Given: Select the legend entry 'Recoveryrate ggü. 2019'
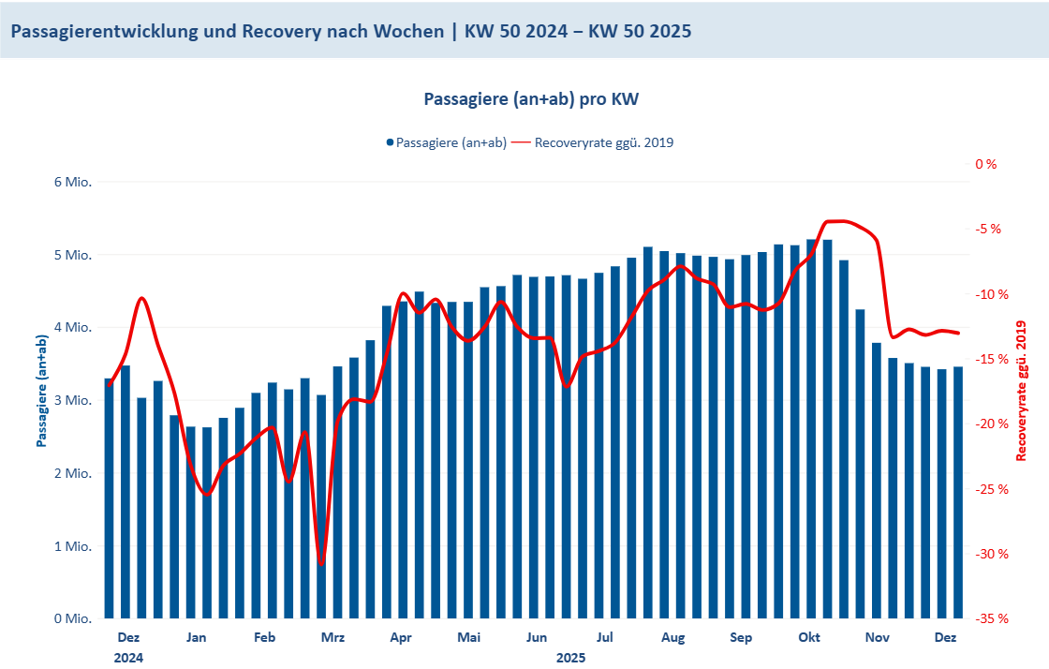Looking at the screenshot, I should coord(603,142).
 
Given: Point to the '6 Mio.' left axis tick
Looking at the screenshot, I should coord(72,182).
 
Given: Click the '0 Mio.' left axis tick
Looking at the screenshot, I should coord(72,618).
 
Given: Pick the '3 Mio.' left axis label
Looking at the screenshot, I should coord(72,400).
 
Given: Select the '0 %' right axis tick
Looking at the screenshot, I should coord(986,164).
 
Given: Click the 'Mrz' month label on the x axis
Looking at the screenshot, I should coord(332,638).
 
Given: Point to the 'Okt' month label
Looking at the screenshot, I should coord(809,638).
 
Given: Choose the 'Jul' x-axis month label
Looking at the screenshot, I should coord(605,638).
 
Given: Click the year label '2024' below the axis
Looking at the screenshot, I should coord(128,658).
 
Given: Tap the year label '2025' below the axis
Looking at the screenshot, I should coord(570,658).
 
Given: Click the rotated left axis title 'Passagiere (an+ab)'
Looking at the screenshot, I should coord(42,391).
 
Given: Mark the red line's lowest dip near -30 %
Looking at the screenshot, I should coord(321,563).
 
